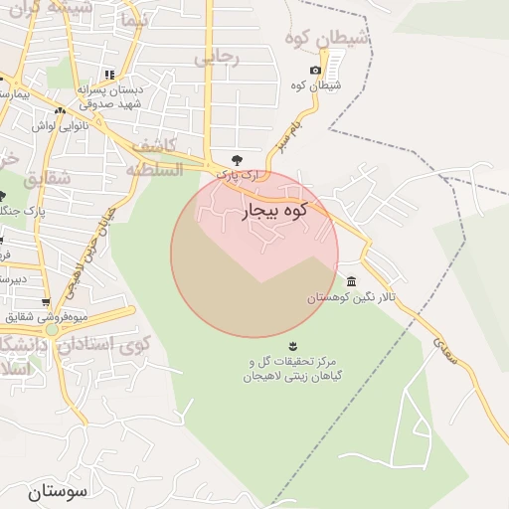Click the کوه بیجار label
[273, 211]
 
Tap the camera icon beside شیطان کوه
[315, 70]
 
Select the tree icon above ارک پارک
[236, 159]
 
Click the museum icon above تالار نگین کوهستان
[351, 281]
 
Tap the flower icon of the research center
[291, 346]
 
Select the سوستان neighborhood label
[58, 491]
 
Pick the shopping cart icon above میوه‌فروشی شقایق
[46, 302]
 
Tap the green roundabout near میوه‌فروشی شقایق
[52, 329]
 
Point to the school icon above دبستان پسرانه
[109, 75]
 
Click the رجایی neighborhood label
[217, 57]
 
